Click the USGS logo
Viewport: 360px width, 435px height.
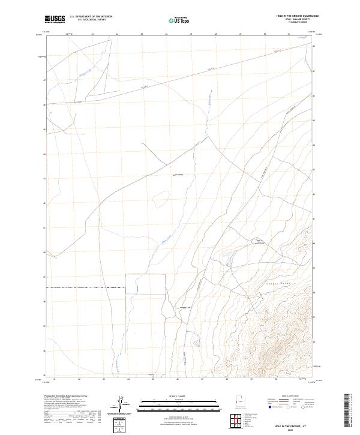[55, 19]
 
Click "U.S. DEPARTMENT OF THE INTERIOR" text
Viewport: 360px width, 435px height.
[91, 16]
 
